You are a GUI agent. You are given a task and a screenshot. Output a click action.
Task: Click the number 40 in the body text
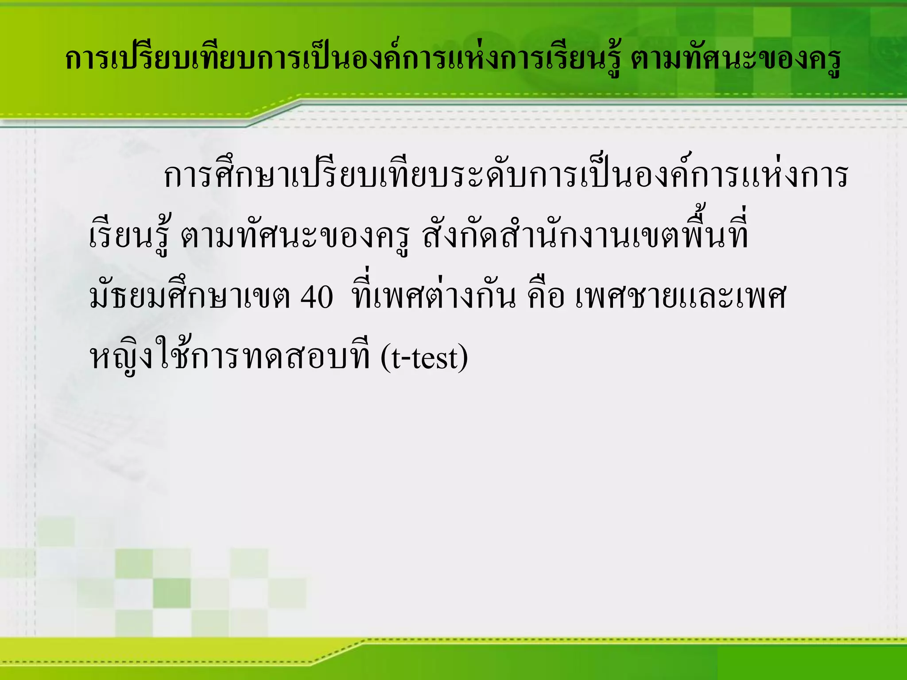tap(317, 297)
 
